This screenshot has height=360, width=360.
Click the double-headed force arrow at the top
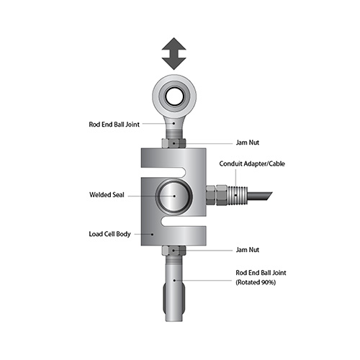tap(174, 54)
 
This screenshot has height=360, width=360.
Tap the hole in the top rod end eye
tap(174, 96)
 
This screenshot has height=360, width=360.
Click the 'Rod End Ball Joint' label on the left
tap(114, 125)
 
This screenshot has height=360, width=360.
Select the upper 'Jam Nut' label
tap(248, 143)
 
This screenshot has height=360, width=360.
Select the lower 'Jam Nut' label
tap(248, 250)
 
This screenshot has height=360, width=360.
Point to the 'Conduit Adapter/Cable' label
tap(252, 163)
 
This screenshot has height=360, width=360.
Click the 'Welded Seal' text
tap(107, 194)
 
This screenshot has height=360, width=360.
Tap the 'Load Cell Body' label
tap(109, 234)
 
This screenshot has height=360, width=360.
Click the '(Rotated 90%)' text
tap(256, 282)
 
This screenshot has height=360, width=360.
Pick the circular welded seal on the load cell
tap(174, 196)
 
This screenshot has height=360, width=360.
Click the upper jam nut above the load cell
tap(174, 143)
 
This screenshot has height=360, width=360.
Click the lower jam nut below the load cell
tap(174, 251)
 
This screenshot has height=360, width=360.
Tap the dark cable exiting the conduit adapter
tap(260, 196)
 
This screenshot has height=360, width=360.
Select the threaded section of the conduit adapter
tap(237, 196)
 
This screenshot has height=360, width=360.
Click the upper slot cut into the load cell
tap(164, 172)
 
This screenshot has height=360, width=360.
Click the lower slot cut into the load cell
tap(184, 221)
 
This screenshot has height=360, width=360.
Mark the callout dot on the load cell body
tap(152, 234)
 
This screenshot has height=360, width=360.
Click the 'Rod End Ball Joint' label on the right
tap(261, 273)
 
